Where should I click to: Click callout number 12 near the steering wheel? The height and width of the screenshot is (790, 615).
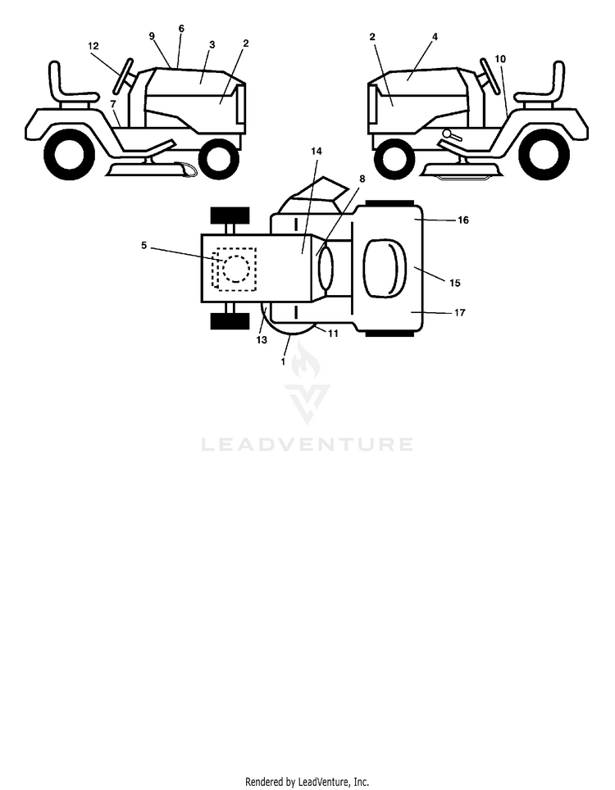[93, 46]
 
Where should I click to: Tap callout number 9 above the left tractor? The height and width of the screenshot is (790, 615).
[152, 36]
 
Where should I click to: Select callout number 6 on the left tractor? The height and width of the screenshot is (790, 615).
[181, 29]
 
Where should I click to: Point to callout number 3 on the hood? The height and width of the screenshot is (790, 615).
[212, 44]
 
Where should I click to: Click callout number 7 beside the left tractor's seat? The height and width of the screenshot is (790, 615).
[113, 104]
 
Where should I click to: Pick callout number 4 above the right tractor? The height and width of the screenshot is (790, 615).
[435, 37]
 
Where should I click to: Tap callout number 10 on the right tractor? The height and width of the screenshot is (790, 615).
[500, 59]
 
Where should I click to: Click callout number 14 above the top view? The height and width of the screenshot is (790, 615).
[317, 151]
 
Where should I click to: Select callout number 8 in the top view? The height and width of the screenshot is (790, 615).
[362, 179]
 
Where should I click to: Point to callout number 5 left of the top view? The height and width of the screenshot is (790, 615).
[143, 245]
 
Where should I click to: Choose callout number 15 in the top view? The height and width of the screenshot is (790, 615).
[455, 284]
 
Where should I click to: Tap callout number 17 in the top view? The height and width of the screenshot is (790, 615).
[460, 313]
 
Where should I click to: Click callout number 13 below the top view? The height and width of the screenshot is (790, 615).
[262, 341]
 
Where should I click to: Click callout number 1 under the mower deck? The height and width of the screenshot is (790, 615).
[283, 361]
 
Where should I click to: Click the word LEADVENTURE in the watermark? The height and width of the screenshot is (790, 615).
[307, 444]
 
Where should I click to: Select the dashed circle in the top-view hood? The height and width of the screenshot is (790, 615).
[236, 268]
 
